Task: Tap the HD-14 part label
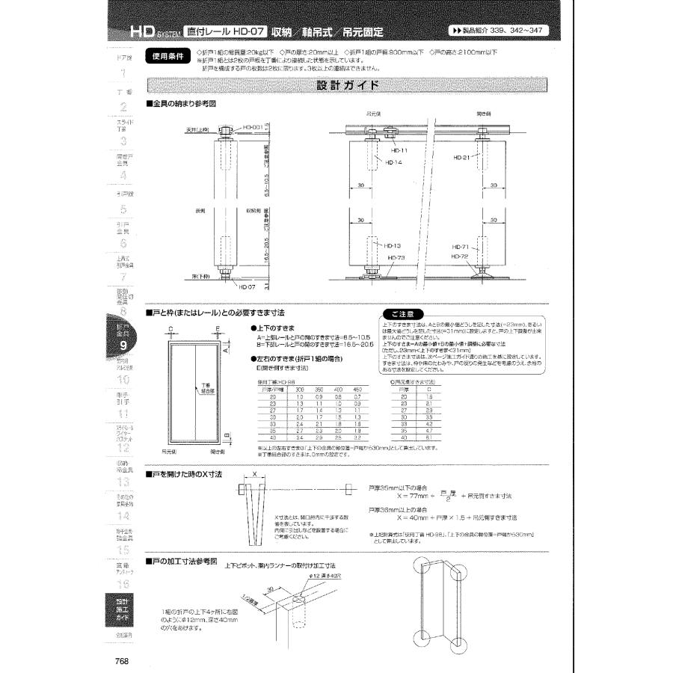pos(394,162)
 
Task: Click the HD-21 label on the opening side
pos(461,158)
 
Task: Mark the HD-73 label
pos(397,256)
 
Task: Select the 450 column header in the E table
pos(357,390)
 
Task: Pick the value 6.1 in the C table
pos(428,437)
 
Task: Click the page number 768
pos(123,660)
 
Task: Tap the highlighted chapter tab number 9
pos(123,345)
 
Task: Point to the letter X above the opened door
pos(254,474)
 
